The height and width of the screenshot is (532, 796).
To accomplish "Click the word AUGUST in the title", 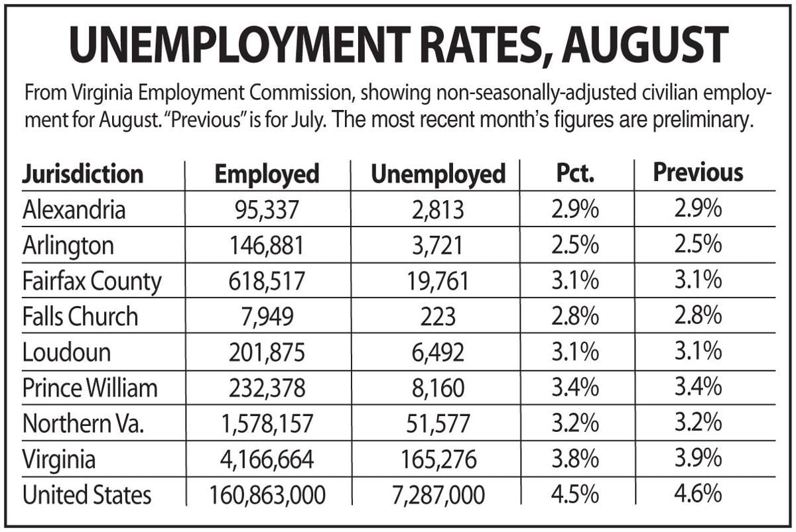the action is click(645, 46).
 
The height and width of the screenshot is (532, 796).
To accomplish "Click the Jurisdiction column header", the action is click(82, 174).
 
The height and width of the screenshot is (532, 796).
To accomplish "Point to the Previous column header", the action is click(698, 172).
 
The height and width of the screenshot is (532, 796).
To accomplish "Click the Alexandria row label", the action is click(74, 209).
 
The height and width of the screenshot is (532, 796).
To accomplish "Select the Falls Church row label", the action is click(80, 316).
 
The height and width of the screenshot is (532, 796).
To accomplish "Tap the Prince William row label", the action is click(90, 388).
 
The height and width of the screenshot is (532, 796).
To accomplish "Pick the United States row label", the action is click(87, 495).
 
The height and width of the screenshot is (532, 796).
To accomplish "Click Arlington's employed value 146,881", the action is click(267, 246).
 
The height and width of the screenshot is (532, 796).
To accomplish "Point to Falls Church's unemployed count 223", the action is click(438, 317).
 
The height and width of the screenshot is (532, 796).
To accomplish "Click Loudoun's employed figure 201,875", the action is click(267, 352).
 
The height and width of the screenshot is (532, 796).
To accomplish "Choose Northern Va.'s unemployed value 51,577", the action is click(438, 423).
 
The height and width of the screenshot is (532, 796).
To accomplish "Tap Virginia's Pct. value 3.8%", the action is click(575, 458).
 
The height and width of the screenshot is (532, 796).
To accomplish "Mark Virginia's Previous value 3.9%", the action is click(698, 458).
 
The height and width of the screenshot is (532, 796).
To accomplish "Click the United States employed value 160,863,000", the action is click(267, 495).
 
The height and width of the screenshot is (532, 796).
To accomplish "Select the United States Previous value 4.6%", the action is click(698, 494).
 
